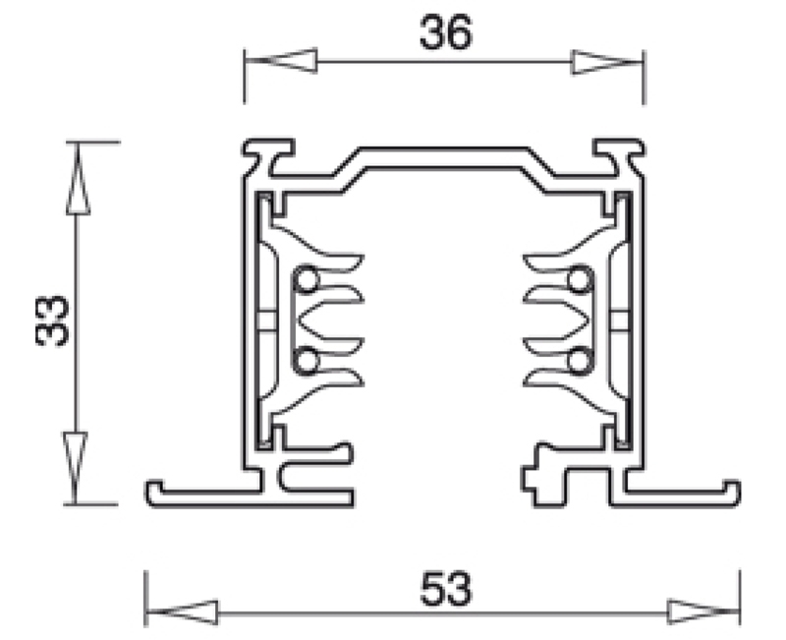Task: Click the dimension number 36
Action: point(446,32)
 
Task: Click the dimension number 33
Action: point(52,320)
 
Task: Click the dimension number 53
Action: point(446,588)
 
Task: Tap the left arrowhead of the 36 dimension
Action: point(281,61)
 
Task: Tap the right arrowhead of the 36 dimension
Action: point(607,62)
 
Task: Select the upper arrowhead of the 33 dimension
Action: point(78,179)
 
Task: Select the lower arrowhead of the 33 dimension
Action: point(76,468)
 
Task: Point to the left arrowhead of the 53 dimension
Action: point(182,612)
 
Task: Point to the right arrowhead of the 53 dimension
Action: point(703,611)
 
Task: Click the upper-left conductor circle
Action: point(306,280)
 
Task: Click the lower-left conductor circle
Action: point(306,360)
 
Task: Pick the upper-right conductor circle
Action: point(580,280)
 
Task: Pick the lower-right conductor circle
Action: point(580,360)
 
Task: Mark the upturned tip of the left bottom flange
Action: point(154,485)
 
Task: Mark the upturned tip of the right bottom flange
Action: point(732,485)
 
